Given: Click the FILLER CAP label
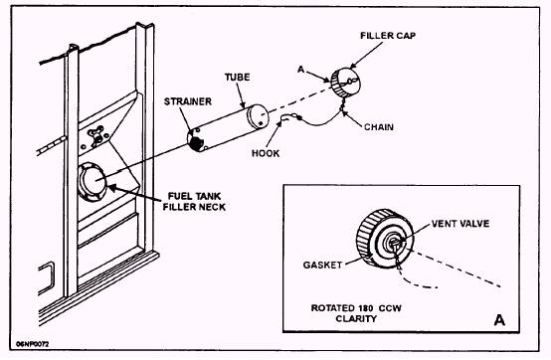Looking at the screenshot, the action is [x=388, y=36].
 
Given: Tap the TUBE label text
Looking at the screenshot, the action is [x=237, y=78].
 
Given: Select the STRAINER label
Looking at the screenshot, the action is [x=188, y=101].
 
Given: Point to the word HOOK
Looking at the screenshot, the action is [x=266, y=153].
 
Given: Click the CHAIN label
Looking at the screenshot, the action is [x=379, y=127].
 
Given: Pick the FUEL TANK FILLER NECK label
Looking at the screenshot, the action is [x=194, y=202].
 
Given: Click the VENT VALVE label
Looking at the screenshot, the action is [x=460, y=224].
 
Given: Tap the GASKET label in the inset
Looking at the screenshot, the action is [x=322, y=265].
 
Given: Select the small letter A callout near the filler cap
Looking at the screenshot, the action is [x=301, y=70].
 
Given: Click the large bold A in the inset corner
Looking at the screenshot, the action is [x=499, y=320].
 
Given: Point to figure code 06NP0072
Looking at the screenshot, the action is [x=33, y=344].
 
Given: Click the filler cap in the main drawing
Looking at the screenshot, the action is [x=345, y=83].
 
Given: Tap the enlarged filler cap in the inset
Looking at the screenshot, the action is [x=385, y=239].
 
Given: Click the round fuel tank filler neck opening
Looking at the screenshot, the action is [x=92, y=182].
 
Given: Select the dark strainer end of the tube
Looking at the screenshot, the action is [x=195, y=140].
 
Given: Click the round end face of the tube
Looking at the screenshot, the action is [x=258, y=116].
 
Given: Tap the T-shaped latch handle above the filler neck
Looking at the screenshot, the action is [x=95, y=135].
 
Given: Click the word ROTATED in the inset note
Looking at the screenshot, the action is [x=333, y=308].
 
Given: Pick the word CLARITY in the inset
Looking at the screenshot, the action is [x=356, y=319].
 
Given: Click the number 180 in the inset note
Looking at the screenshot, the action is [x=366, y=308].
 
